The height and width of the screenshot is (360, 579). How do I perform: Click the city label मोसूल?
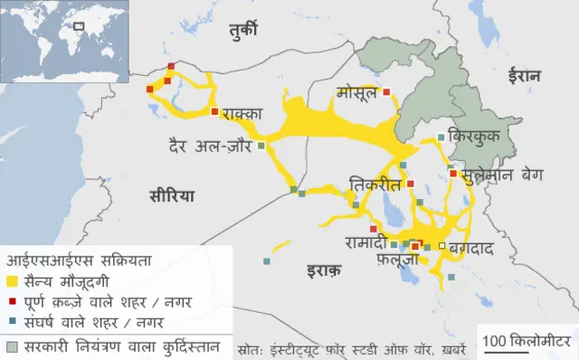pyautogui.click(x=356, y=93)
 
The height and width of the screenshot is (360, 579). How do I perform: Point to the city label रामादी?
pyautogui.click(x=366, y=242)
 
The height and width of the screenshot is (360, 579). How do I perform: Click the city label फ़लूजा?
pyautogui.click(x=399, y=261)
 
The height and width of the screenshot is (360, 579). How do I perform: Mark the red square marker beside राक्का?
pyautogui.click(x=214, y=112)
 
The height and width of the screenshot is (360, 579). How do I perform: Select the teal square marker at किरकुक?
pyautogui.click(x=441, y=137)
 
